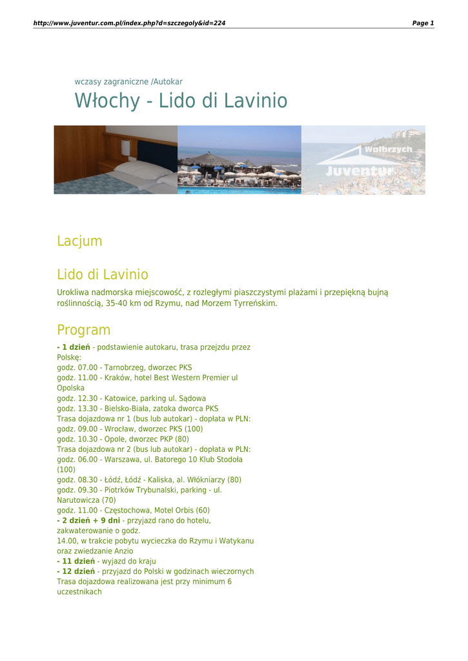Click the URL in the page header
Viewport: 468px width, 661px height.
[x=129, y=23]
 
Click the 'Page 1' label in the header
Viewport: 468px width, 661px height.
[x=423, y=23]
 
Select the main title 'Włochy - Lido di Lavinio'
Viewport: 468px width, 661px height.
[x=181, y=101]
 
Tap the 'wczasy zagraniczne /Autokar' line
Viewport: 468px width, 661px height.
[x=128, y=82]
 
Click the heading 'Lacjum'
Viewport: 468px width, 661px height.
[x=79, y=241]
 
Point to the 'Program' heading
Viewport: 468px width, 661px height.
[x=83, y=330]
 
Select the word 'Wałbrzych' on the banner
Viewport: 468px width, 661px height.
[x=388, y=150]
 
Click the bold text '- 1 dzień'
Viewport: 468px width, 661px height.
[x=74, y=347]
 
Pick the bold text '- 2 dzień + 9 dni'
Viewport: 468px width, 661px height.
[x=88, y=520]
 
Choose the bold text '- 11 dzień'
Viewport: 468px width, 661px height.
[x=76, y=562]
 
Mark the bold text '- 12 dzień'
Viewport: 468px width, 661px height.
[x=76, y=572]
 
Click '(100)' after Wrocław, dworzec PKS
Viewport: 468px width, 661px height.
[x=194, y=429]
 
